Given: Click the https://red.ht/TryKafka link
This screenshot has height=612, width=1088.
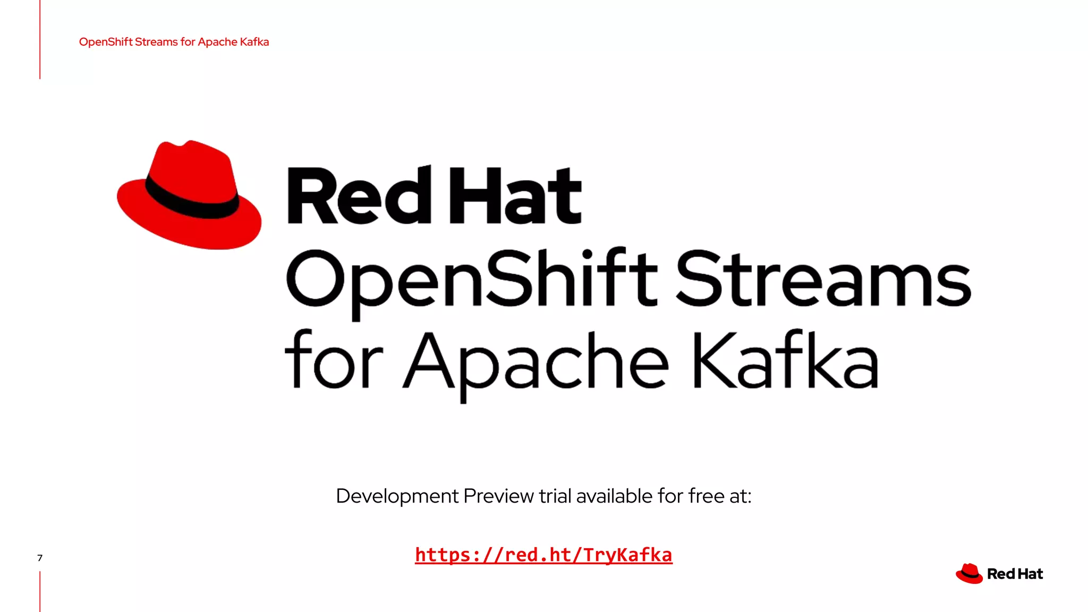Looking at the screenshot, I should [x=543, y=555].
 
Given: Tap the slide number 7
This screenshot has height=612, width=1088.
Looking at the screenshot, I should [x=40, y=558].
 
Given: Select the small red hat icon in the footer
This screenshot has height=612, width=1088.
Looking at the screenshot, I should [x=969, y=574].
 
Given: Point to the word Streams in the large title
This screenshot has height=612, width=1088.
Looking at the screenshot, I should [x=823, y=279].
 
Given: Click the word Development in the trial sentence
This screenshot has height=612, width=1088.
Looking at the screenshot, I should [x=397, y=496].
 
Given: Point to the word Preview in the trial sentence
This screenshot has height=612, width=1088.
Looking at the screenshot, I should [x=498, y=496].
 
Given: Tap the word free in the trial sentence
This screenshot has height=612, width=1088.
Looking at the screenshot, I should [x=706, y=496].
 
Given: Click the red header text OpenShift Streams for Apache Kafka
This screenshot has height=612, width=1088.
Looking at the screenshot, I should [x=174, y=42].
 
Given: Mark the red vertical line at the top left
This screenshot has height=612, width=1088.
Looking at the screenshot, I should [x=40, y=40].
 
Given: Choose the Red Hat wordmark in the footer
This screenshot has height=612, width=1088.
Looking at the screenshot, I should [x=1015, y=574].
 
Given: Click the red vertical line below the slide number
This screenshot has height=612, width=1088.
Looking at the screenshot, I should [x=40, y=591].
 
